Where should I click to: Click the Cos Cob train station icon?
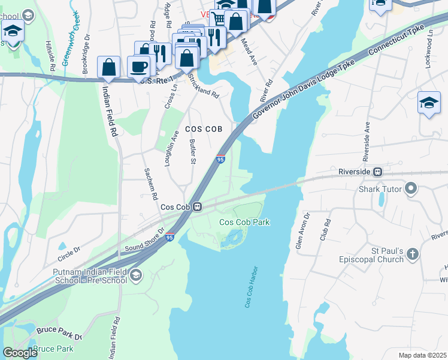[x=196, y=207]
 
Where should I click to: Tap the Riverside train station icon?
[x=378, y=172]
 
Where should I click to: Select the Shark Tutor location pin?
[x=410, y=190]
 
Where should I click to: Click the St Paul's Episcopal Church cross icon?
[x=411, y=254]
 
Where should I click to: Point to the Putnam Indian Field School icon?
[x=136, y=275]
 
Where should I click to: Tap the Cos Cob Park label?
[x=244, y=222]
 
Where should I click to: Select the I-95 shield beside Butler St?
[x=220, y=159]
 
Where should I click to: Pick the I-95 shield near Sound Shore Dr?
[x=169, y=238]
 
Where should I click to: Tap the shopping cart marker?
[x=219, y=19]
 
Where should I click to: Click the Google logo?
[x=20, y=353]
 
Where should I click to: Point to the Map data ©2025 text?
[x=422, y=355]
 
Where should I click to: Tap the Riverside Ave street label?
[x=365, y=142]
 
